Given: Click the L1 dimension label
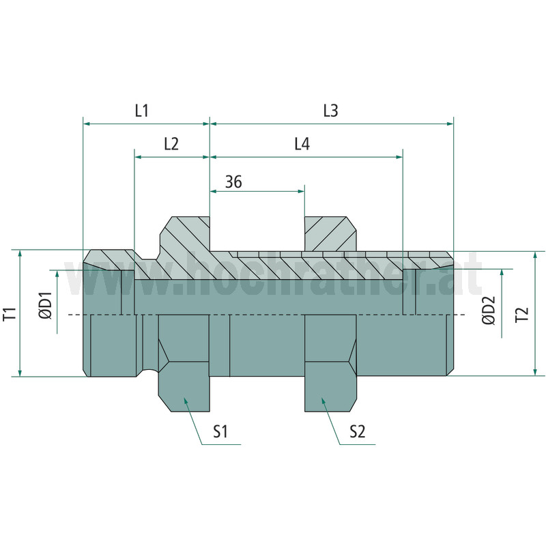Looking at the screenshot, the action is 142,111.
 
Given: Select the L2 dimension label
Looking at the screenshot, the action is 171,143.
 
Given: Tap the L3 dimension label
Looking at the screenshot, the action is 330,111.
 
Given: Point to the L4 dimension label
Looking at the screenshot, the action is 302,143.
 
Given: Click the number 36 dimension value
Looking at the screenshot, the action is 233,182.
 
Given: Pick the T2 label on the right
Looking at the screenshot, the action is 522,315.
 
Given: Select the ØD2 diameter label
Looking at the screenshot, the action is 489,311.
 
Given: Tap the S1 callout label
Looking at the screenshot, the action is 220,432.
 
